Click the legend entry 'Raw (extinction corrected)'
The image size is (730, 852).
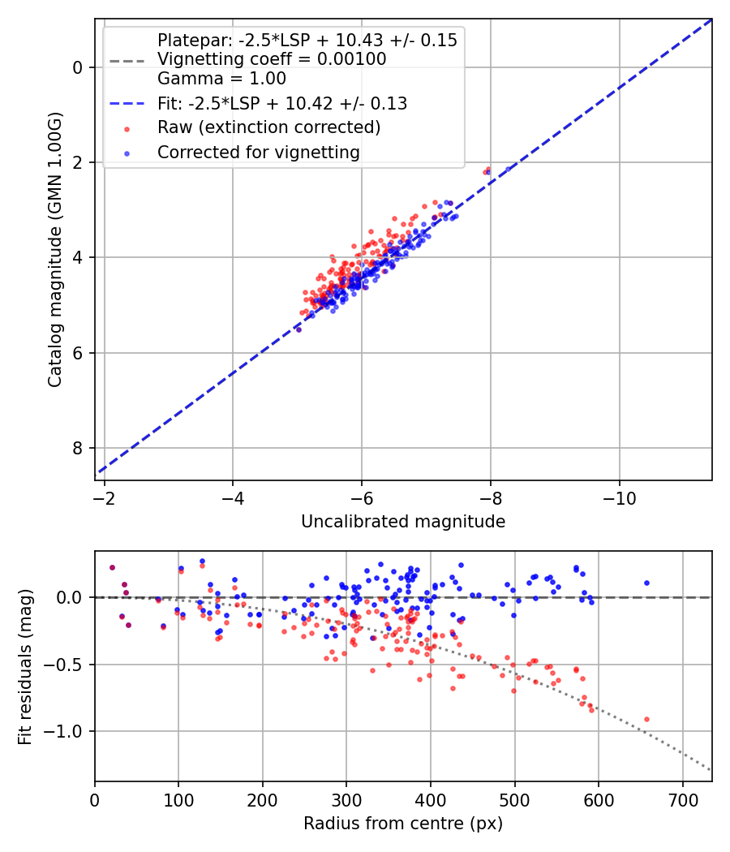(x=268, y=127)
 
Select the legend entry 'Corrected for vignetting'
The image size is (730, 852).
(x=258, y=152)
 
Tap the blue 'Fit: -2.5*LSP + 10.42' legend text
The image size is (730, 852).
(x=281, y=103)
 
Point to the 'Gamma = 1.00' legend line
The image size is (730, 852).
(x=221, y=79)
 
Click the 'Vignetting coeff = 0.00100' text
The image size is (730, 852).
(x=272, y=59)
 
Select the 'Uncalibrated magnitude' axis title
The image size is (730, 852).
(x=403, y=522)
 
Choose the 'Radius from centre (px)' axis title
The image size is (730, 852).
(x=403, y=824)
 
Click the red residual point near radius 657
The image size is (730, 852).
(x=646, y=719)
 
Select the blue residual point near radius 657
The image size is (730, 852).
(x=646, y=583)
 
